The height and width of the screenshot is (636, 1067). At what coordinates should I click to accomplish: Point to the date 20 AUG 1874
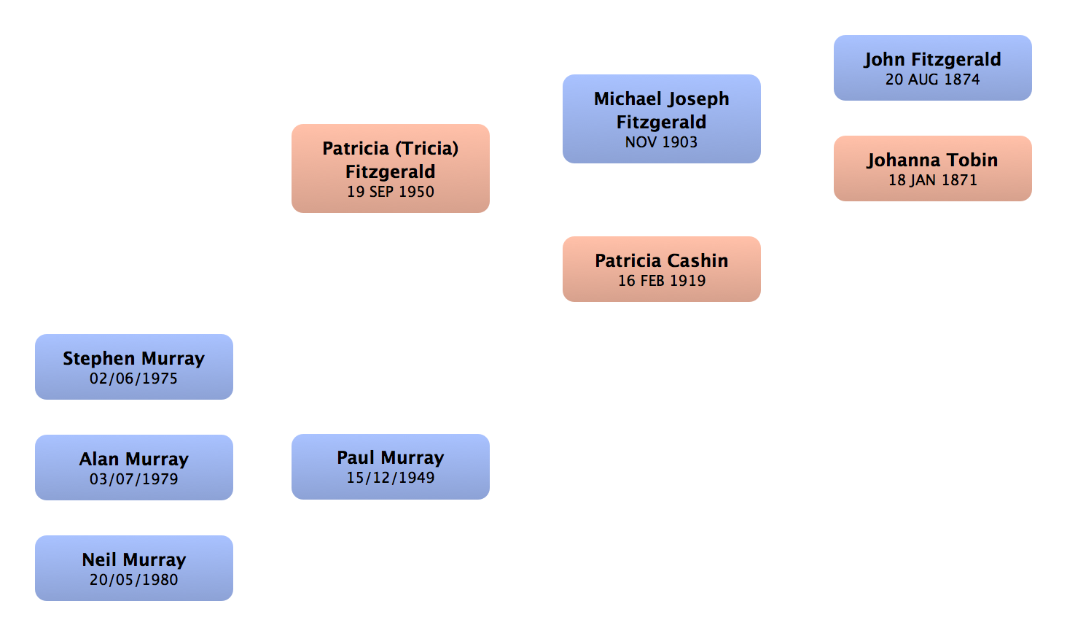932,79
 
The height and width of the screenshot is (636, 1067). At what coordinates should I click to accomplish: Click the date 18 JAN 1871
932,180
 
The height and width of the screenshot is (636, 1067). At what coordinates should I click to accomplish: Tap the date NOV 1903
661,142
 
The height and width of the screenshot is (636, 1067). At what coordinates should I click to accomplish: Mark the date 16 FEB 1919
661,281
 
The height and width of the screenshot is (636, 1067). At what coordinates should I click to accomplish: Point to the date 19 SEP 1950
390,192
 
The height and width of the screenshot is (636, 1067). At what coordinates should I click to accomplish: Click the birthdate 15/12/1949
390,478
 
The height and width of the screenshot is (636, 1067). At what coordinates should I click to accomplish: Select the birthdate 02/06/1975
133,379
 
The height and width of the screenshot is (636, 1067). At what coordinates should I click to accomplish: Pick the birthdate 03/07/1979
133,479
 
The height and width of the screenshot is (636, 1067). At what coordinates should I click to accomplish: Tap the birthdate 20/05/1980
133,580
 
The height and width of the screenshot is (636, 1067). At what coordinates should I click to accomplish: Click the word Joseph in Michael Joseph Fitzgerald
697,99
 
